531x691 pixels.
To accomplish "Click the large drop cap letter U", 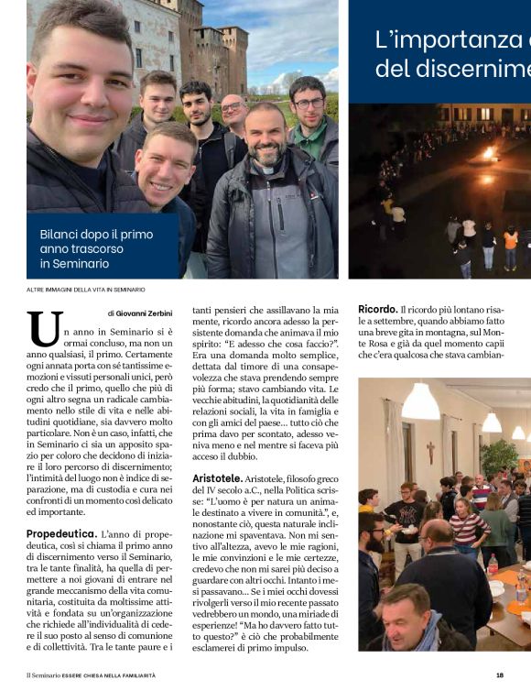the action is click(45, 328).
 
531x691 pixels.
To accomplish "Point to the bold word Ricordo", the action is click(377, 309).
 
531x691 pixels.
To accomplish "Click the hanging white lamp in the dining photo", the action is click(420, 404).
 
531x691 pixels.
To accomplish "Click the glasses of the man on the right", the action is click(309, 104).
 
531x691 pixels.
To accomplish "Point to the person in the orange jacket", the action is click(510, 240).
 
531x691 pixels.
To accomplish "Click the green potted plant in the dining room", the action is click(500, 458).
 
